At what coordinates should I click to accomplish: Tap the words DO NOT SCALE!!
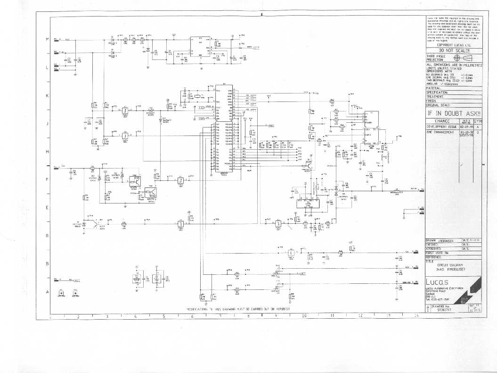pyautogui.click(x=454, y=51)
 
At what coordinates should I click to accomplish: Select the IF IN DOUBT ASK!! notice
pyautogui.click(x=454, y=113)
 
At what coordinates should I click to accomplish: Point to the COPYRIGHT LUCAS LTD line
pyautogui.click(x=454, y=45)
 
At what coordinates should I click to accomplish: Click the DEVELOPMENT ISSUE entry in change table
pyautogui.click(x=442, y=127)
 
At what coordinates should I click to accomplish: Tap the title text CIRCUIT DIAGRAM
pyautogui.click(x=450, y=265)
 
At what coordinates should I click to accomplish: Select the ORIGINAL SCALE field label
pyautogui.click(x=438, y=105)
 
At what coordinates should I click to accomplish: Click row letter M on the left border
pyautogui.click(x=47, y=39)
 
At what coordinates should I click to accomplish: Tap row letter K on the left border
pyautogui.click(x=47, y=96)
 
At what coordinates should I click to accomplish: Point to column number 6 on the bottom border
pyautogui.click(x=192, y=316)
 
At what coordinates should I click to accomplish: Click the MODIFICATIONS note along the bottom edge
pyautogui.click(x=240, y=310)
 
